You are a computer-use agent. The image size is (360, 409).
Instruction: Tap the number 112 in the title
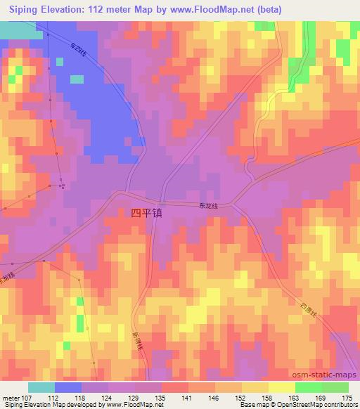112,9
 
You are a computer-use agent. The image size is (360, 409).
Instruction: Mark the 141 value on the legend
188,398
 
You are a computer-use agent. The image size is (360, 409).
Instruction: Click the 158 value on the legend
268,398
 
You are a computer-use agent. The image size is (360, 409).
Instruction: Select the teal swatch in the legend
41,387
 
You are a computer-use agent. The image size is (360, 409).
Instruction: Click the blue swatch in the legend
68,387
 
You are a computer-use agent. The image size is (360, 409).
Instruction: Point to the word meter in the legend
12,398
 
